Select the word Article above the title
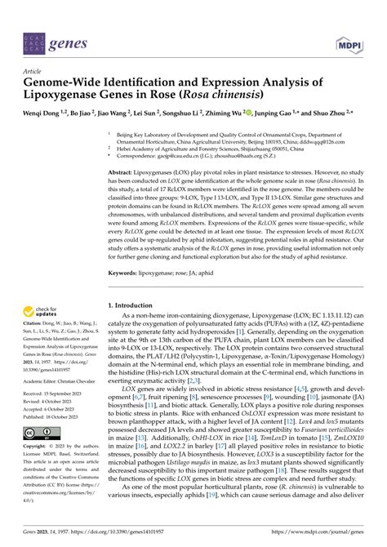click(x=35, y=72)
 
